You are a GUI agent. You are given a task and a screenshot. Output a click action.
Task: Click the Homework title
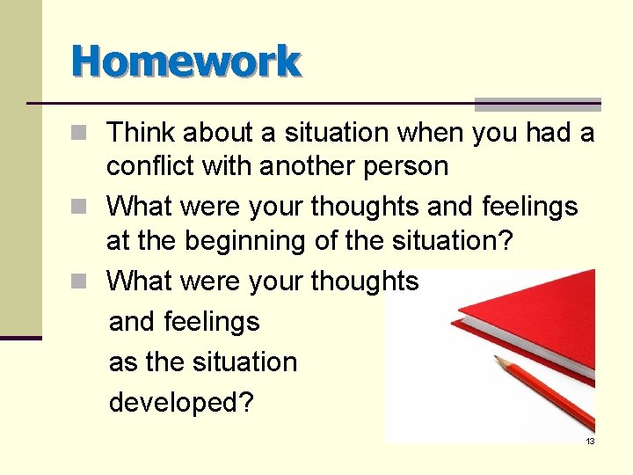point(186,62)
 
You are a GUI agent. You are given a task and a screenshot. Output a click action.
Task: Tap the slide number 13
point(590,441)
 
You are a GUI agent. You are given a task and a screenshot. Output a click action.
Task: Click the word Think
point(142,133)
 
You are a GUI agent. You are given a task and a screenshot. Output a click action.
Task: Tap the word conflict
point(150,166)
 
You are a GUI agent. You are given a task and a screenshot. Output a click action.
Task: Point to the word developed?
point(181,402)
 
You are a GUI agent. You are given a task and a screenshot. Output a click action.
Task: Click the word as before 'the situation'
point(123,362)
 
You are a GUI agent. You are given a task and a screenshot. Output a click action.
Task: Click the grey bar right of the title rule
point(537,104)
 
